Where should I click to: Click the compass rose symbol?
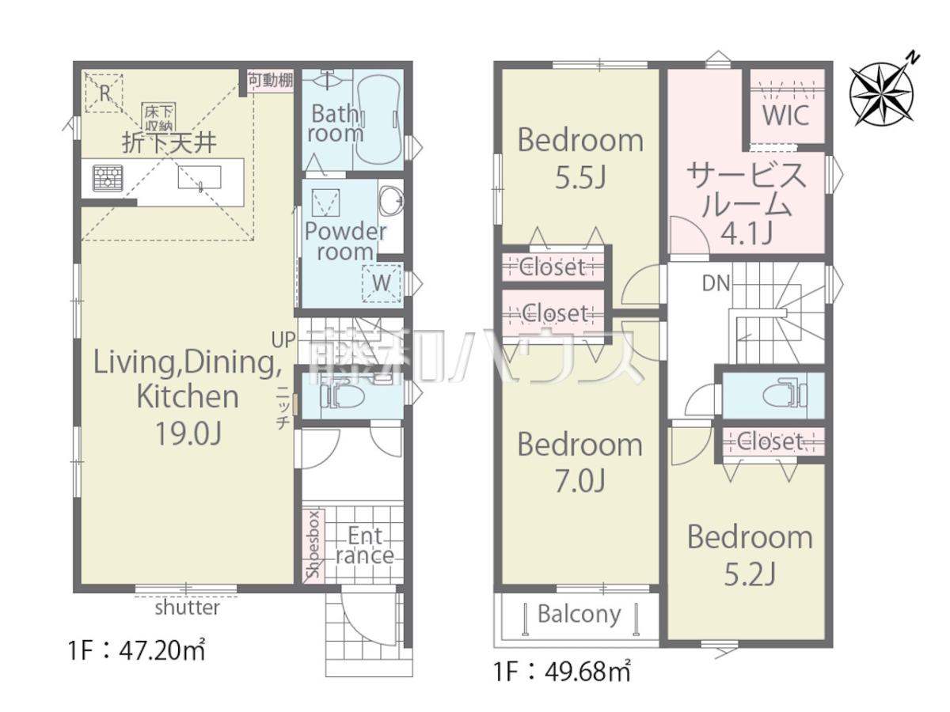882,94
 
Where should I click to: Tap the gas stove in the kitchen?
108,178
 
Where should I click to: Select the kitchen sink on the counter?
199,178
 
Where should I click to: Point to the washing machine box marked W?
382,282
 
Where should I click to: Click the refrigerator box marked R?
104,93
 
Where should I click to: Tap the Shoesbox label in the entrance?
313,543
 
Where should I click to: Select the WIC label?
786,115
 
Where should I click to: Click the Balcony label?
579,615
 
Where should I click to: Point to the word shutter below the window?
188,608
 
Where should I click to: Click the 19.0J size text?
188,434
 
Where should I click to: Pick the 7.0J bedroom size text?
580,481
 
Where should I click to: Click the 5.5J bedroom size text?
580,177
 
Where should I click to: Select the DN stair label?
716,283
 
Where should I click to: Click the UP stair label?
283,340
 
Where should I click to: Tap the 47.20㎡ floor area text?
161,650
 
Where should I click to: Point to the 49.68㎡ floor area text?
587,672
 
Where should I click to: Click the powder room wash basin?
391,201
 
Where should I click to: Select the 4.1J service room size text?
747,234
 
